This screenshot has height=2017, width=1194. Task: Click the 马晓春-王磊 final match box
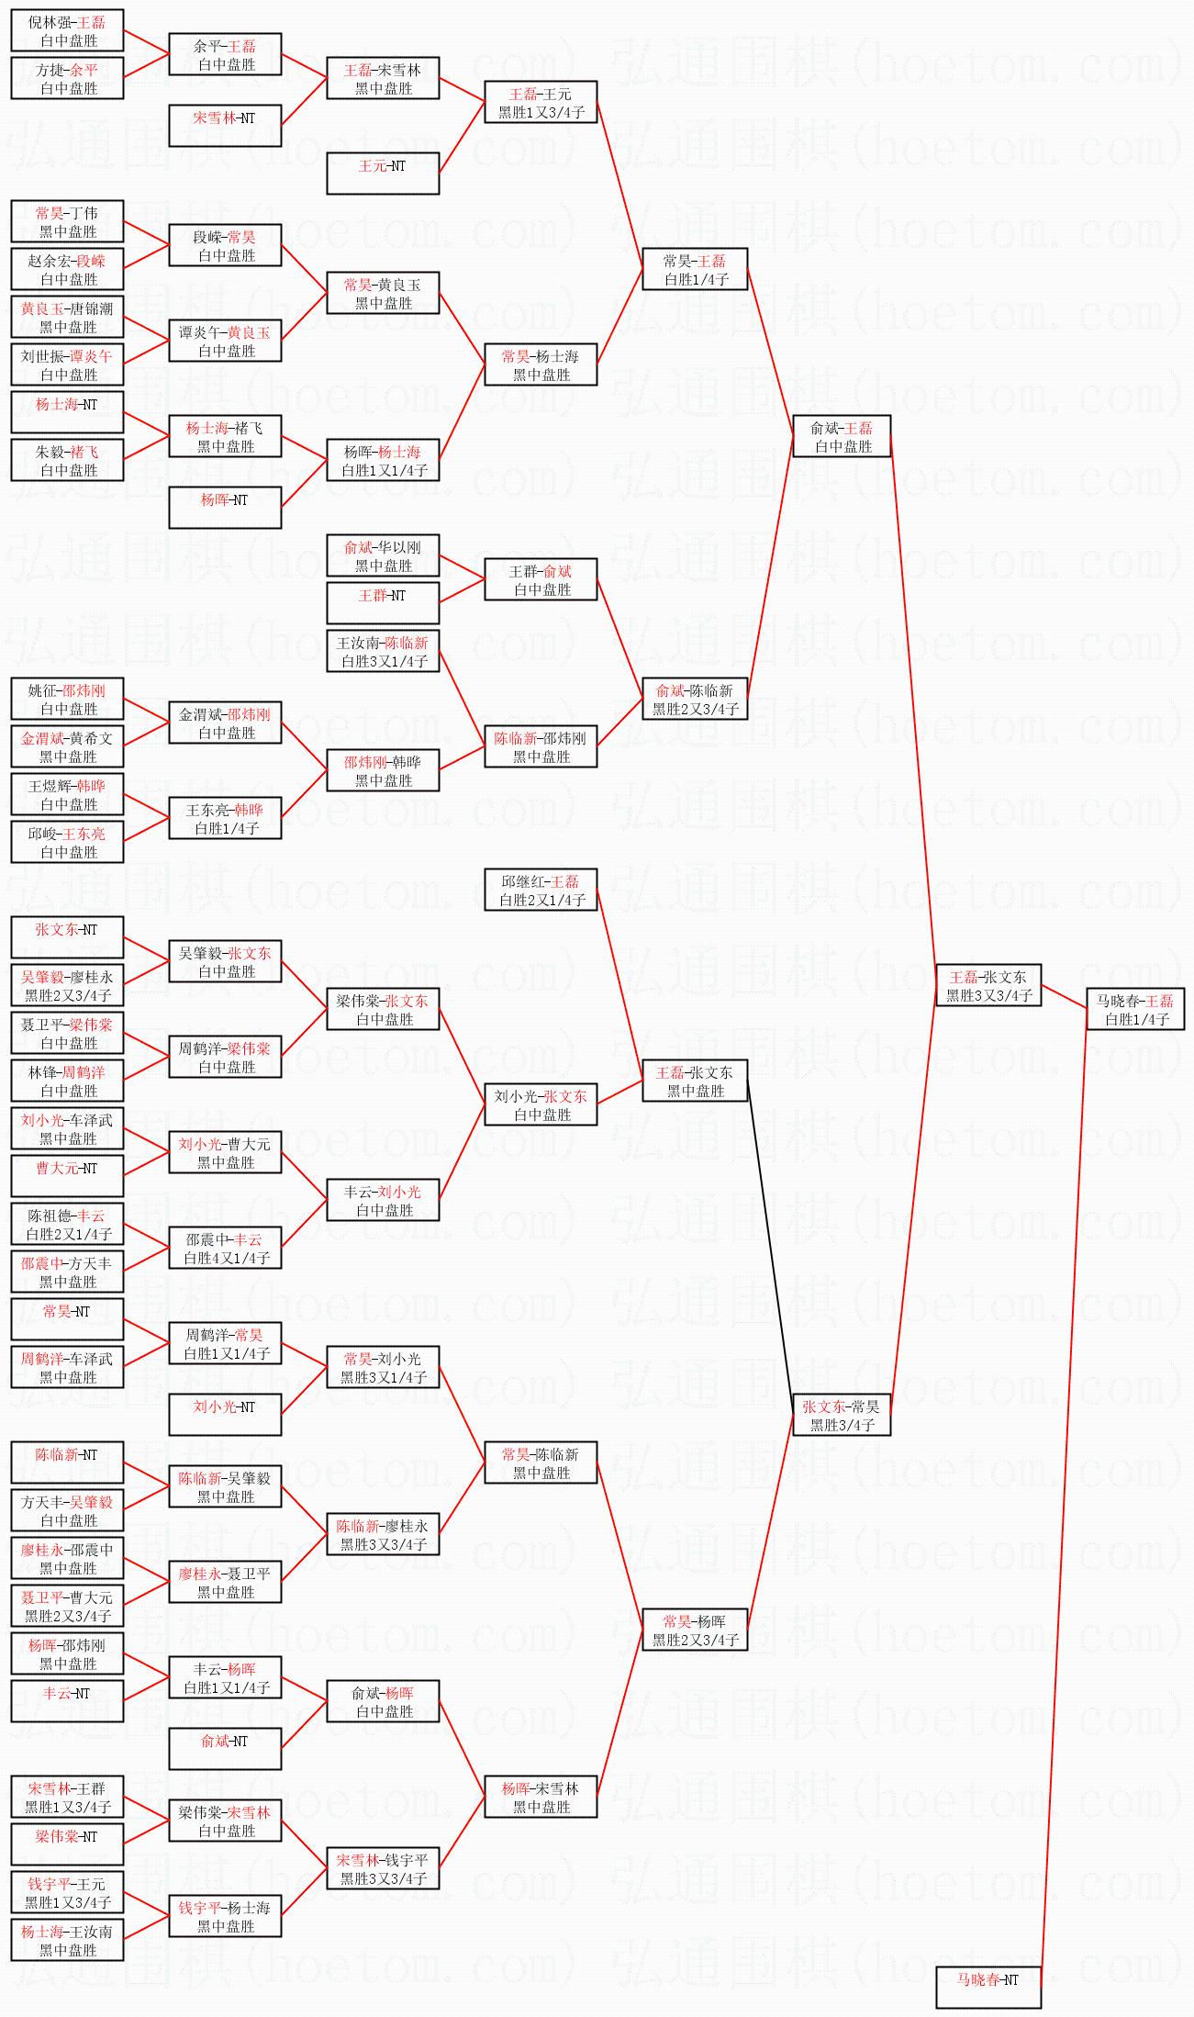pos(1135,1009)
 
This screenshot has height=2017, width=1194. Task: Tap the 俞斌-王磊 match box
pos(842,436)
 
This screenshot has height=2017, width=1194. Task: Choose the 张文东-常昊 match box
pos(842,1415)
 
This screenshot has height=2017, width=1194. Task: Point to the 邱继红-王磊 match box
pos(541,890)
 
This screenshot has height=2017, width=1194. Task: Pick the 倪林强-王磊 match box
pos(67,30)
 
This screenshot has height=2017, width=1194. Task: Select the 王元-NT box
pos(383,174)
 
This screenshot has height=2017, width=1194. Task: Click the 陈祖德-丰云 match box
pos(67,1224)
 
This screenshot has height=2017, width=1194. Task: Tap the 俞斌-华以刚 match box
pos(383,555)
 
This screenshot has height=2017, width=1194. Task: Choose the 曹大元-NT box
pos(67,1176)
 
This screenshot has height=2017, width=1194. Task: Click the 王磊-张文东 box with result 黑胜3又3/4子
pos(988,985)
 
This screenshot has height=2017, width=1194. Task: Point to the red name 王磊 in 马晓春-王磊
pos(1159,1001)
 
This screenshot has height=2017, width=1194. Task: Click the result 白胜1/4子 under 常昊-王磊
pos(696,279)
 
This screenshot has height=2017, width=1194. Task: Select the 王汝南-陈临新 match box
pos(383,651)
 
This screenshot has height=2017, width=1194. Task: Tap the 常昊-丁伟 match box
pos(67,221)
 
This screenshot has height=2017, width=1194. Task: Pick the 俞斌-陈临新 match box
pos(695,699)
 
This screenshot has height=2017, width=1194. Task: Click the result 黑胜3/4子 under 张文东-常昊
pos(842,1425)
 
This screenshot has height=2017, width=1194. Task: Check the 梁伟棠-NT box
pos(67,1844)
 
